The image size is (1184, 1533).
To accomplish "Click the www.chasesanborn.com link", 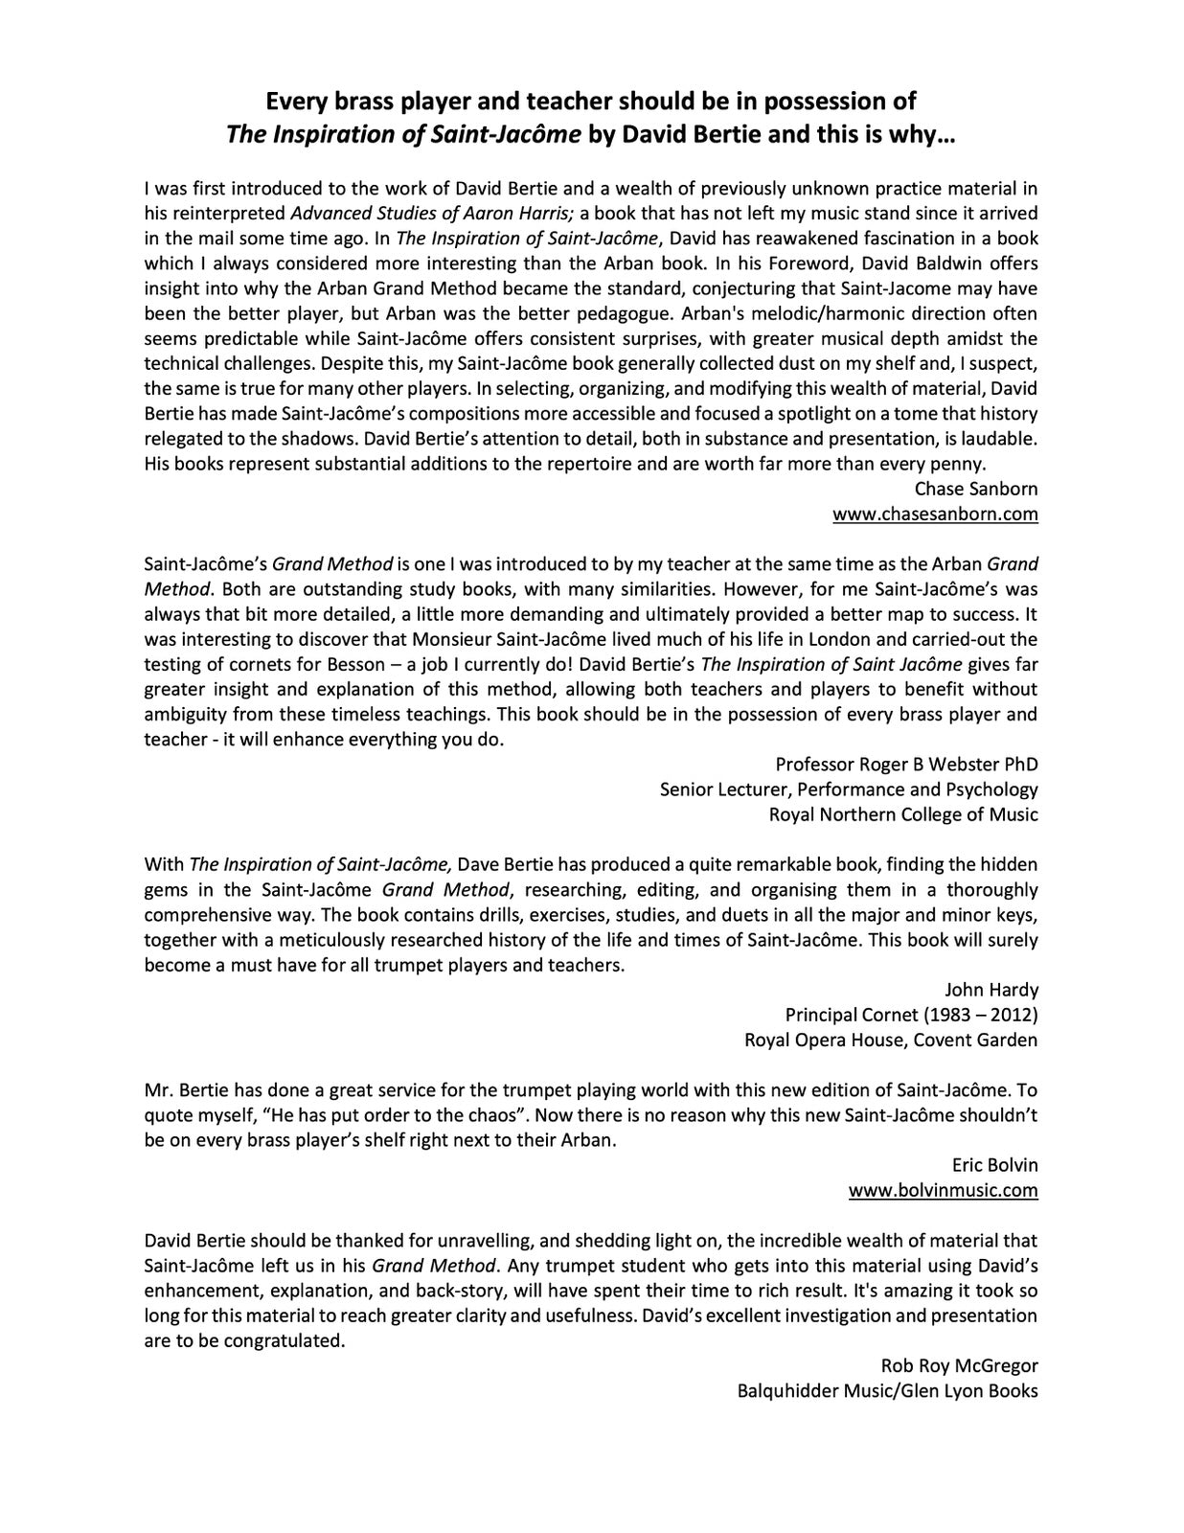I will pos(935,514).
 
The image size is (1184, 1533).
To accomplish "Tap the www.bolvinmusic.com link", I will pos(943,1190).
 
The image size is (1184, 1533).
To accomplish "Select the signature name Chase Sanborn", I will pos(976,489).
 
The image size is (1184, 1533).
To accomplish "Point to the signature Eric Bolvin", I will pos(994,1165).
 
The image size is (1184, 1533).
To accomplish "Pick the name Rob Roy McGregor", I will pos(959,1365).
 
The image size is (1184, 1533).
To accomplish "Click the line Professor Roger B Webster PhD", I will pos(906,765).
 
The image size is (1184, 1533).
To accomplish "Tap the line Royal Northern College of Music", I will pos(903,814).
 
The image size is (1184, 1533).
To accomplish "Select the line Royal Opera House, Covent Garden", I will pos(891,1040).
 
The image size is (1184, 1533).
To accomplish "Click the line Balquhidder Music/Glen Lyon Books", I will pos(887,1390).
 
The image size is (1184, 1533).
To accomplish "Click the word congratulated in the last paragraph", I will pos(284,1340).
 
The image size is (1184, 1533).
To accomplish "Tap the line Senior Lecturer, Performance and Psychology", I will pos(849,789).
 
